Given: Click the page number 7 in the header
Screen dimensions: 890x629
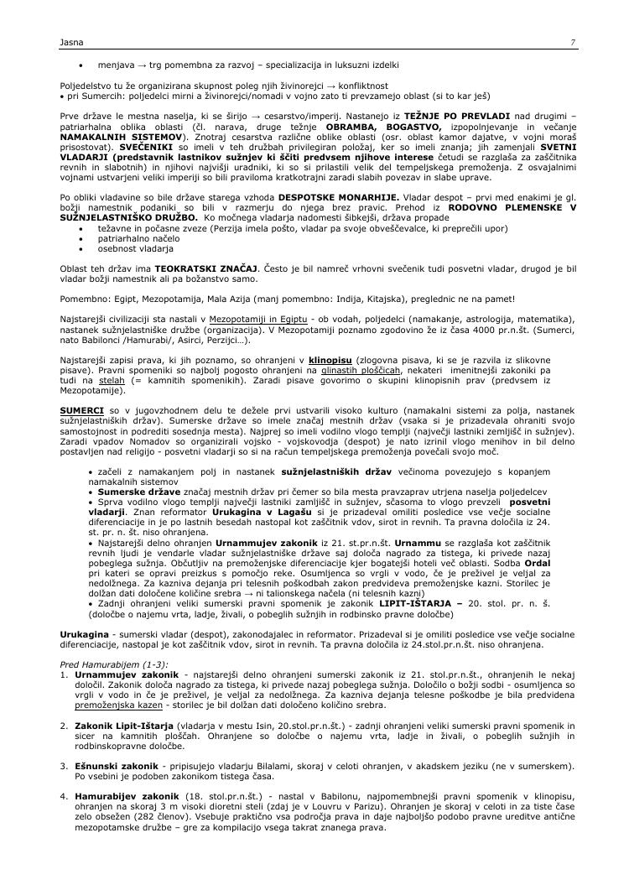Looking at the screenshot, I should click(572, 42).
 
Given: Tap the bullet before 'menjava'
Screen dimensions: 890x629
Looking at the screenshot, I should click(80, 65).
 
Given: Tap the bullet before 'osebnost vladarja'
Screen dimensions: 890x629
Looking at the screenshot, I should click(80, 249).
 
